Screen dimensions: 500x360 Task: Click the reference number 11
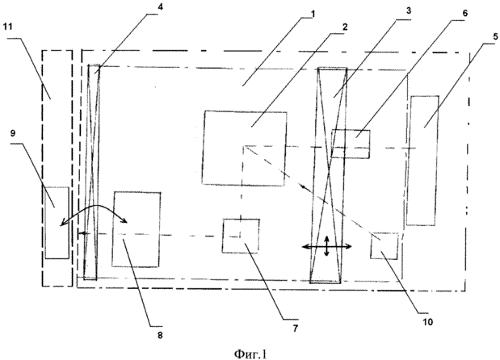point(7,27)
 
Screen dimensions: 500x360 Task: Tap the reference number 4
point(160,7)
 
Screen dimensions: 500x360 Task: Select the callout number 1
point(313,14)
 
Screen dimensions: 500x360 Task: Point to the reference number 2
point(345,27)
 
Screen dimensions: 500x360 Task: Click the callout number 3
point(409,10)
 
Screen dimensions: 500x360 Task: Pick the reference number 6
point(464,13)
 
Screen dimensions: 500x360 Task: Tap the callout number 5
point(495,36)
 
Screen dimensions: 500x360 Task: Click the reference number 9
point(13,133)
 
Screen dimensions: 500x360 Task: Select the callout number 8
point(160,335)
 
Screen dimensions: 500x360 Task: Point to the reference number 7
point(296,329)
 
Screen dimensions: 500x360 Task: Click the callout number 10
point(427,322)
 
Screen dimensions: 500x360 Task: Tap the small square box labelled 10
point(384,246)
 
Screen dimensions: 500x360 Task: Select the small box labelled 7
point(241,236)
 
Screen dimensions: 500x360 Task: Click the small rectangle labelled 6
point(351,144)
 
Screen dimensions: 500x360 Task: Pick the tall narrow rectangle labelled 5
point(422,161)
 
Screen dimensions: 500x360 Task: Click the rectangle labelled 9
point(57,223)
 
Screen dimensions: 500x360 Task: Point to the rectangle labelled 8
point(137,229)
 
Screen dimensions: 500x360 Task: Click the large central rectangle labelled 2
point(244,149)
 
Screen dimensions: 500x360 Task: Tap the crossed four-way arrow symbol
point(326,246)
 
